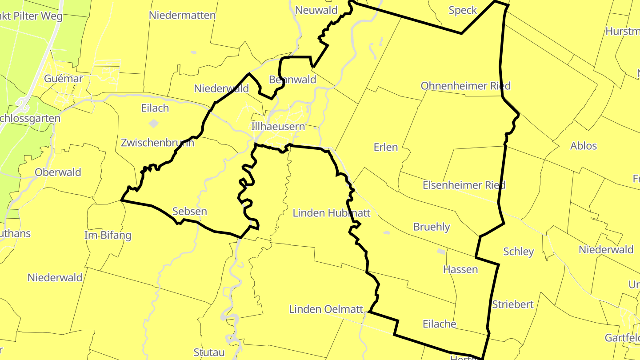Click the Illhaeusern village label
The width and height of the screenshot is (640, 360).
click(278, 127)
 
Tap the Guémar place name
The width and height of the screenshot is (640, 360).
click(64, 79)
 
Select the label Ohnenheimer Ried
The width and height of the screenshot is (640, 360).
click(466, 86)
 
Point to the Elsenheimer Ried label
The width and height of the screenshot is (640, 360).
click(464, 185)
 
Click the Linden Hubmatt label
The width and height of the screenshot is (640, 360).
click(332, 213)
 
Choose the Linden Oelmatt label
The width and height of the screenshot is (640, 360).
click(326, 309)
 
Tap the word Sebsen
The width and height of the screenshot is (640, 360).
click(189, 211)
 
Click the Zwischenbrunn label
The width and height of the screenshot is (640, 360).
click(157, 143)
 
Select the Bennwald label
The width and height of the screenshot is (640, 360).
click(292, 80)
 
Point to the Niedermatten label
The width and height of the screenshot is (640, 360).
click(182, 16)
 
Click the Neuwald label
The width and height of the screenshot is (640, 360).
click(316, 10)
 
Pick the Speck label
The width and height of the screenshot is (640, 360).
click(463, 10)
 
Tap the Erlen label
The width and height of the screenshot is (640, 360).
click(386, 147)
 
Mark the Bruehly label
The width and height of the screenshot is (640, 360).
click(432, 227)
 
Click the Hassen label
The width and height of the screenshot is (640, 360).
click(460, 269)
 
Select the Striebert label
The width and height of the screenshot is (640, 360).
click(513, 305)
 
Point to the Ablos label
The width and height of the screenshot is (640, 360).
click(584, 146)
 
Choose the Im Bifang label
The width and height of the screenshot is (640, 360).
click(108, 236)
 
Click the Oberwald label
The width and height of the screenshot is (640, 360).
click(58, 172)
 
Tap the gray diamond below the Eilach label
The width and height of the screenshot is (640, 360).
click(153, 123)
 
